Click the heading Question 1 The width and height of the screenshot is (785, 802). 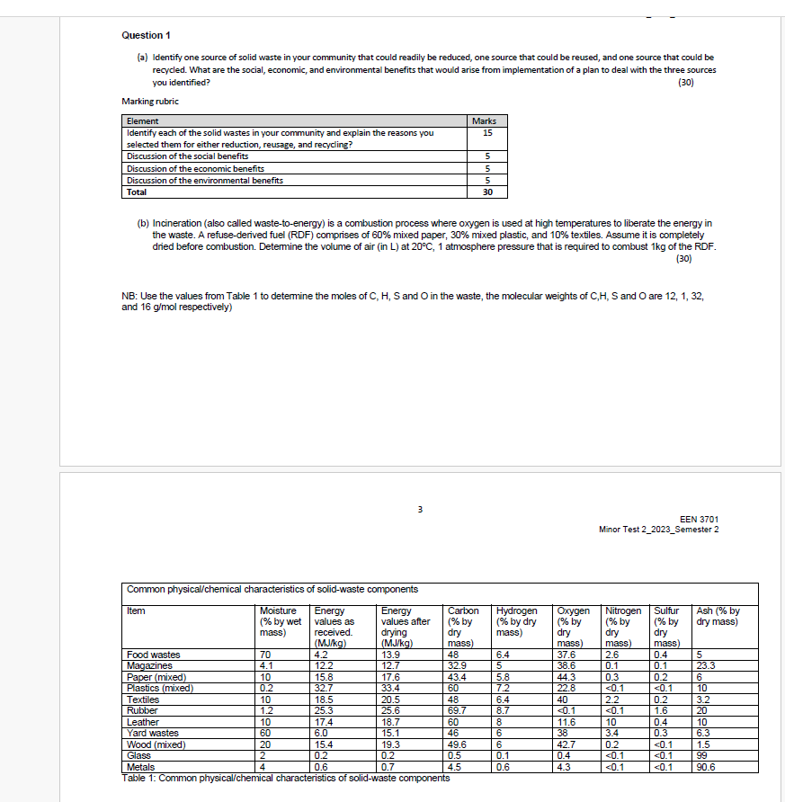[146, 35]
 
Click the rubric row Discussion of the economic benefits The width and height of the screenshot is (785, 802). [195, 168]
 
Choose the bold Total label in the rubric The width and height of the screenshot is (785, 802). [137, 192]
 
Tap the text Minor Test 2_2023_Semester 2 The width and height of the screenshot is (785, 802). [658, 529]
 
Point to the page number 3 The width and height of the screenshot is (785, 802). [420, 512]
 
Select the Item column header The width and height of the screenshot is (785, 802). [136, 611]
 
